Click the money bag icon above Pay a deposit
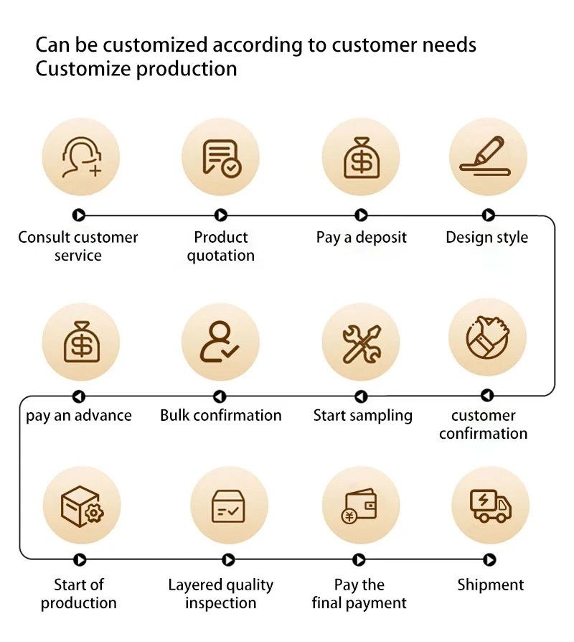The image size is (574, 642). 360,157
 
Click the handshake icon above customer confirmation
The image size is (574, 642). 488,336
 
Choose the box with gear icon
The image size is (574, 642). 81,505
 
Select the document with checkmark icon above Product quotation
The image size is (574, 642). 220,157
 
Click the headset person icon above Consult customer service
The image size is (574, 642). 80,157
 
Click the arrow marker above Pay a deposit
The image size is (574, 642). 361,215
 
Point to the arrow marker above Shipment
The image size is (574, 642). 490,559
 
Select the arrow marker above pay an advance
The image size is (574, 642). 79,396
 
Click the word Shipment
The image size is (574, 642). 491,585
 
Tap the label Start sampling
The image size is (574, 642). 362,416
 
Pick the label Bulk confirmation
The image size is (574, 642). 220,416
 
